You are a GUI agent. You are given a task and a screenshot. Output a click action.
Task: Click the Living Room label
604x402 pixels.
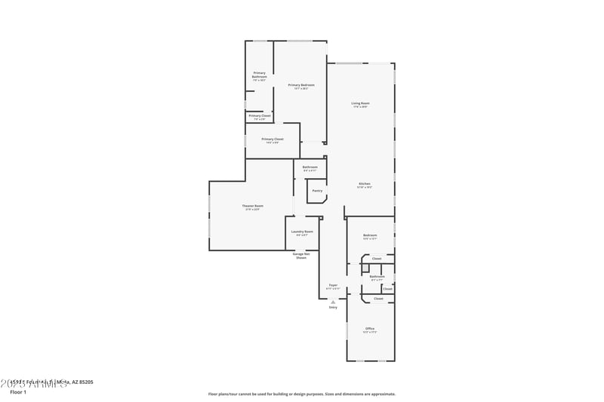click(360, 103)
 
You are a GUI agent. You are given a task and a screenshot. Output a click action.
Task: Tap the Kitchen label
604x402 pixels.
click(364, 184)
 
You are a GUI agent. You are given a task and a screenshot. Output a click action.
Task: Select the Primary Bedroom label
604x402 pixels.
click(301, 85)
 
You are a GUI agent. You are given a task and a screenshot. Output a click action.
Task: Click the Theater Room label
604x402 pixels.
click(252, 206)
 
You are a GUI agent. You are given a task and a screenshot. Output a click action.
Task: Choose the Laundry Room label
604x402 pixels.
click(304, 232)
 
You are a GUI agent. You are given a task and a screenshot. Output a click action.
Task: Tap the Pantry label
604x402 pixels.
click(317, 190)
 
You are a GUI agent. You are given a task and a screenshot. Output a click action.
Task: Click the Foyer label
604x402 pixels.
click(332, 285)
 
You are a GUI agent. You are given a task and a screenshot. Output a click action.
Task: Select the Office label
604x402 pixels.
click(370, 329)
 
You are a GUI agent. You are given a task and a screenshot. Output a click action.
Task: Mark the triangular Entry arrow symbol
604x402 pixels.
click(333, 302)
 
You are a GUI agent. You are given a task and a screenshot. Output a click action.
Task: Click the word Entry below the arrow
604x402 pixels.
click(333, 308)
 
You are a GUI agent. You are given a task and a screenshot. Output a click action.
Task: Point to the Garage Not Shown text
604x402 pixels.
click(300, 256)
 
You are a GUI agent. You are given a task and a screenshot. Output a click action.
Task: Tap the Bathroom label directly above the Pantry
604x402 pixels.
click(310, 167)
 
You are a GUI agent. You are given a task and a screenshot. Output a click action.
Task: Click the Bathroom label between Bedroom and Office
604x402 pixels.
click(377, 276)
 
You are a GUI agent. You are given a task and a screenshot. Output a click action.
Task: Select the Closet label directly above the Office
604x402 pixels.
click(378, 299)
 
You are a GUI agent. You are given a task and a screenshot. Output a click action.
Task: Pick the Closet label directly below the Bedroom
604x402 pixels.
click(376, 259)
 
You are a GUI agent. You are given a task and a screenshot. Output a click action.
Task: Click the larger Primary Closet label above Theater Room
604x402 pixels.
click(273, 139)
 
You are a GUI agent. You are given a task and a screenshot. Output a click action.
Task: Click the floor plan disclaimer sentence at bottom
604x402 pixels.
click(301, 394)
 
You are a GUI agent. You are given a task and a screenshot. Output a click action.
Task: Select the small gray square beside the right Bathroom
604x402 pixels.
click(365, 268)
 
